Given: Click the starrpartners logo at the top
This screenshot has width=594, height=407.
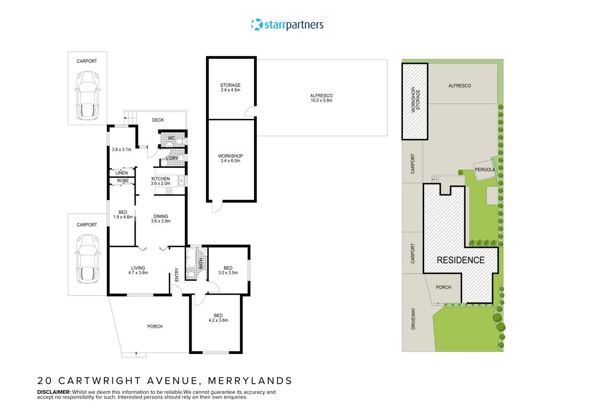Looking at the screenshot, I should [x=288, y=24].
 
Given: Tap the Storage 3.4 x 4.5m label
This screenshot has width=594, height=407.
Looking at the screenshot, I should [x=230, y=88].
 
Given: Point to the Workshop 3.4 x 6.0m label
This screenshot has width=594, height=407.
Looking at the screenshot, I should [x=230, y=158].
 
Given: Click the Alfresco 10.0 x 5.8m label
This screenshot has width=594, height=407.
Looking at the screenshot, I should [x=321, y=98].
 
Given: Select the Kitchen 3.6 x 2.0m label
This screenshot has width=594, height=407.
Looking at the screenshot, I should [x=160, y=181].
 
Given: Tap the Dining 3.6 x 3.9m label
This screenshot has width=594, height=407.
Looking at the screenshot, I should [x=160, y=219].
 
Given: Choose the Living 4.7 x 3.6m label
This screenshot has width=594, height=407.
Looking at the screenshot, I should [x=138, y=270].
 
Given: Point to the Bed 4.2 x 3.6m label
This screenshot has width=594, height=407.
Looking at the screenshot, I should [x=218, y=318].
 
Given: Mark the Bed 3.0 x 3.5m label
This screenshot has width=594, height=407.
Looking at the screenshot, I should [x=228, y=270].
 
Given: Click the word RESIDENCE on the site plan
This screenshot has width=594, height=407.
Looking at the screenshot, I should [x=460, y=260].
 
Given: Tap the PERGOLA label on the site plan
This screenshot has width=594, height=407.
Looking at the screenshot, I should [x=485, y=169].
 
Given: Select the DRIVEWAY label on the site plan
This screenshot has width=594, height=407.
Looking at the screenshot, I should [x=413, y=319].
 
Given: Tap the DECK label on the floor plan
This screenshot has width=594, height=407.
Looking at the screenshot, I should [x=157, y=120].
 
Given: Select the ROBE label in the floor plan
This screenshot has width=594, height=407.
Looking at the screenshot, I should [x=123, y=181].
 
